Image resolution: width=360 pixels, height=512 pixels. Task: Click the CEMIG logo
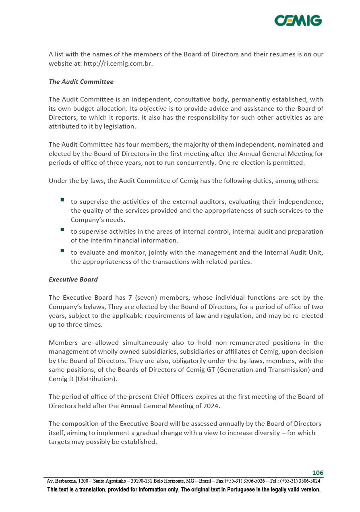point(298,20)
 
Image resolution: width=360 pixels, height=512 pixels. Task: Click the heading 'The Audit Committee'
point(81,81)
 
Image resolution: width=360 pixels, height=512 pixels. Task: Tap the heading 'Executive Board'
point(73,279)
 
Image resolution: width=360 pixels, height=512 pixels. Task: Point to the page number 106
point(318,473)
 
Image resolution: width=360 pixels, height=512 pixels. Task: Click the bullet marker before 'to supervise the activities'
point(62,200)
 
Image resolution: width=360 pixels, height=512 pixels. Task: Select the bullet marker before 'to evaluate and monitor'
point(62,251)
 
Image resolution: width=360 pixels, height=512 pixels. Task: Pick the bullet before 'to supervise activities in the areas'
point(62,230)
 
